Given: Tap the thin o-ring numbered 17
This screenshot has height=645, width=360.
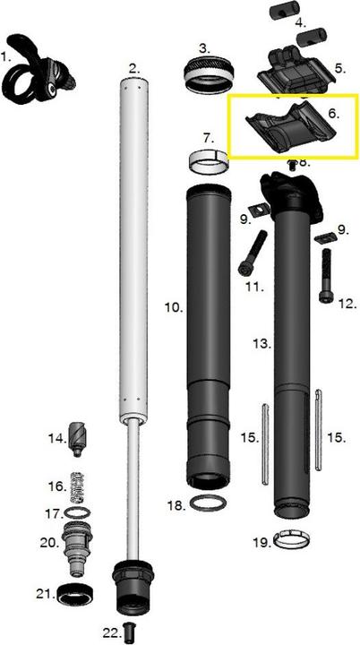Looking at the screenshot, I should pos(81,514).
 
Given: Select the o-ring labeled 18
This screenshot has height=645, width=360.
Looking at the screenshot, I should pos(209,503).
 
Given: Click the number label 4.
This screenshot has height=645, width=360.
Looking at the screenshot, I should pos(299,21).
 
